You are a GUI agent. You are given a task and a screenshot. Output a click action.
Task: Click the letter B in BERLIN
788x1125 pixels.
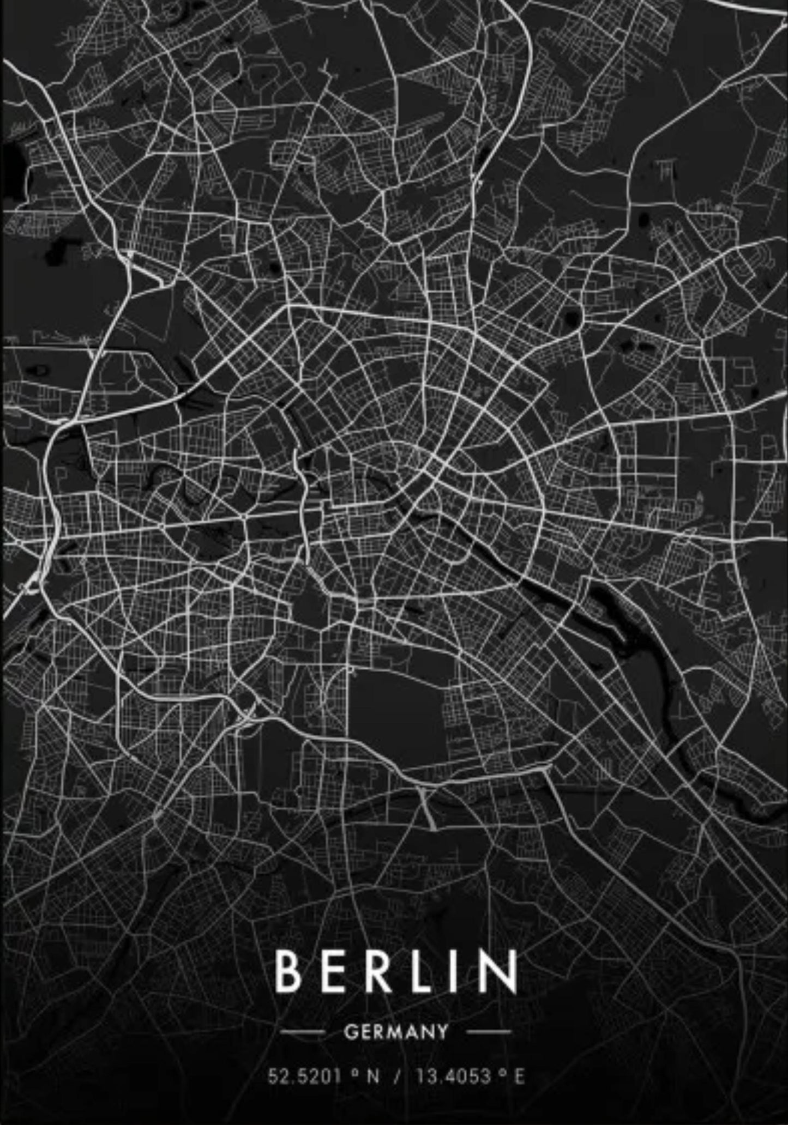click(288, 971)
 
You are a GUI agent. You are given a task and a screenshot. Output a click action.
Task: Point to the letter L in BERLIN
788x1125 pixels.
click(424, 971)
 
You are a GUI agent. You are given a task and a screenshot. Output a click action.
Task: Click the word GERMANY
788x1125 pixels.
click(396, 1032)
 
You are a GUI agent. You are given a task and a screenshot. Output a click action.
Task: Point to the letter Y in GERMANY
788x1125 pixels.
click(442, 1032)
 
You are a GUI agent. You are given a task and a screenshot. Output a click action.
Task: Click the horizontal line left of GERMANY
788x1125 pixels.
click(303, 1032)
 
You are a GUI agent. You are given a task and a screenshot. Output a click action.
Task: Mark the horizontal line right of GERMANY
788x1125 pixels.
click(489, 1032)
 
